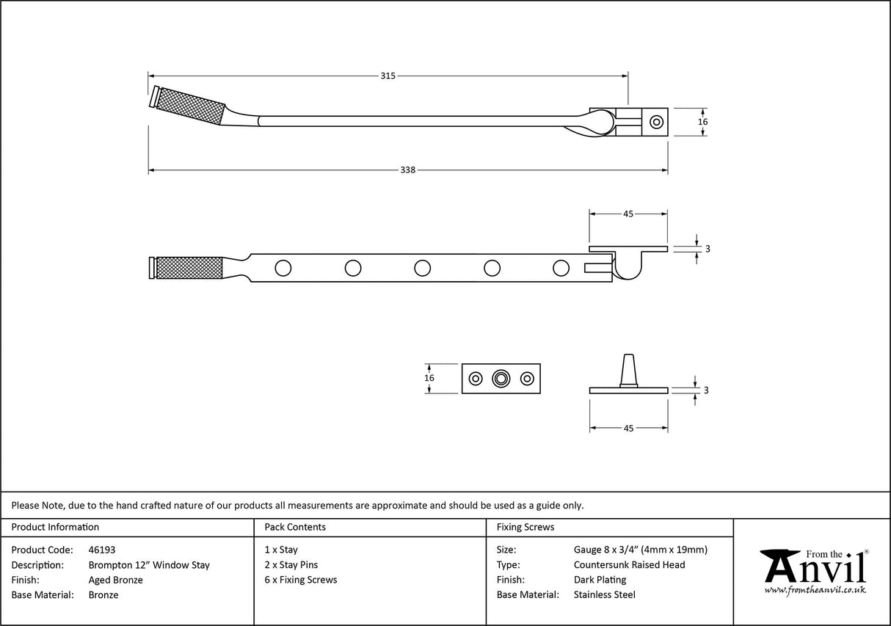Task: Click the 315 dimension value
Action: [x=388, y=76]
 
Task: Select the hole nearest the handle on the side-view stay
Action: [x=283, y=268]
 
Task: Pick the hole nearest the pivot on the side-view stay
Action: [x=561, y=268]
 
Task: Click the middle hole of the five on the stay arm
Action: [x=422, y=268]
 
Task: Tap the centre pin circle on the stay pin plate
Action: [x=501, y=379]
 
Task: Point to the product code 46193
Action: [x=101, y=550]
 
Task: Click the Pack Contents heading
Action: [x=295, y=527]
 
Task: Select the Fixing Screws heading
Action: [x=525, y=527]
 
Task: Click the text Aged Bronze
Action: [x=115, y=580]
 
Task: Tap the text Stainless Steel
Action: [x=604, y=595]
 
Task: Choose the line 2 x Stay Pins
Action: [x=291, y=565]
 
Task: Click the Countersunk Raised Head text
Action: [x=629, y=565]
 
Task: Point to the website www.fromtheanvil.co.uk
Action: [x=815, y=590]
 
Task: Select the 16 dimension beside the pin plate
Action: [x=429, y=378]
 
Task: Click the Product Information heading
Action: [x=56, y=527]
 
